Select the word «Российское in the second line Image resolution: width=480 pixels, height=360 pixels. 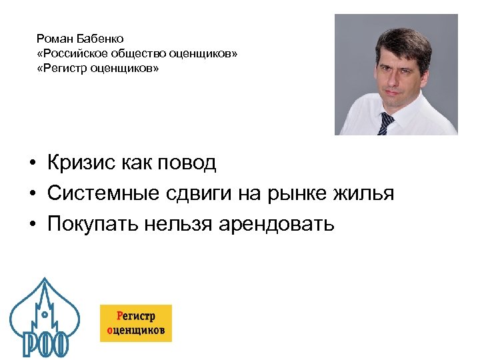pos(71,53)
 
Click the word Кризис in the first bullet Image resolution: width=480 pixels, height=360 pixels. pos(81,162)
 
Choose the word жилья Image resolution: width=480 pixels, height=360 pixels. pos(365,193)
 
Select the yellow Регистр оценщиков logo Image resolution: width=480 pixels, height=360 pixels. pos(136,323)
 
